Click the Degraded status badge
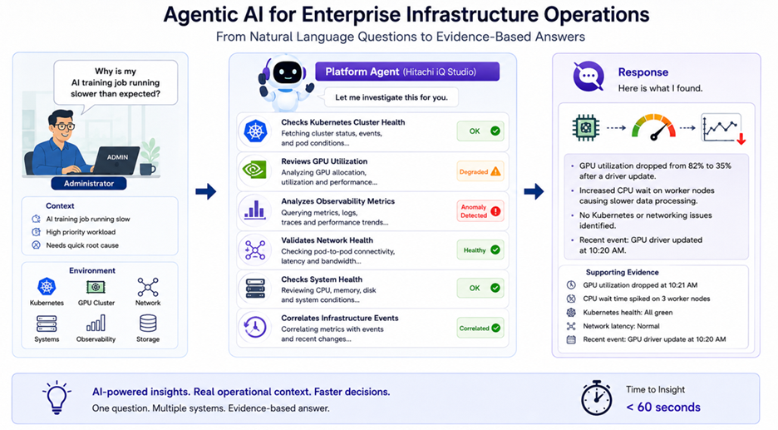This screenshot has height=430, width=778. pyautogui.click(x=480, y=172)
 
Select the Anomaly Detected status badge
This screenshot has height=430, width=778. pyautogui.click(x=480, y=211)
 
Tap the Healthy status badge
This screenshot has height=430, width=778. pyautogui.click(x=480, y=250)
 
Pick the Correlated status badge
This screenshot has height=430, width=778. pyautogui.click(x=480, y=329)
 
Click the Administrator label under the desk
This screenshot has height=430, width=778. pyautogui.click(x=89, y=183)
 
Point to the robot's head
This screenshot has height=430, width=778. pyautogui.click(x=288, y=73)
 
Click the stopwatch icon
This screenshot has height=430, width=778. pyautogui.click(x=596, y=398)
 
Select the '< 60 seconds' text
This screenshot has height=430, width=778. pyautogui.click(x=663, y=408)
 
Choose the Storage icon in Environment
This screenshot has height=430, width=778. pyautogui.click(x=148, y=324)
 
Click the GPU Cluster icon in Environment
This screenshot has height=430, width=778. pyautogui.click(x=96, y=287)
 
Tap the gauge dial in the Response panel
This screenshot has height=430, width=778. pyautogui.click(x=653, y=127)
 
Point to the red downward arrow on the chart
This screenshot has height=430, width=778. pyautogui.click(x=741, y=138)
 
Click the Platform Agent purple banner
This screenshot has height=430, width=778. pyautogui.click(x=407, y=72)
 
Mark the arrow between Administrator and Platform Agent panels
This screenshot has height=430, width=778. pyautogui.click(x=205, y=191)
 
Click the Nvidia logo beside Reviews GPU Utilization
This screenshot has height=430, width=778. pyautogui.click(x=254, y=171)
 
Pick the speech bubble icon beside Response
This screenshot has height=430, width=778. pyautogui.click(x=588, y=77)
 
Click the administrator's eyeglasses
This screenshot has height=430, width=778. pyautogui.click(x=65, y=127)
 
